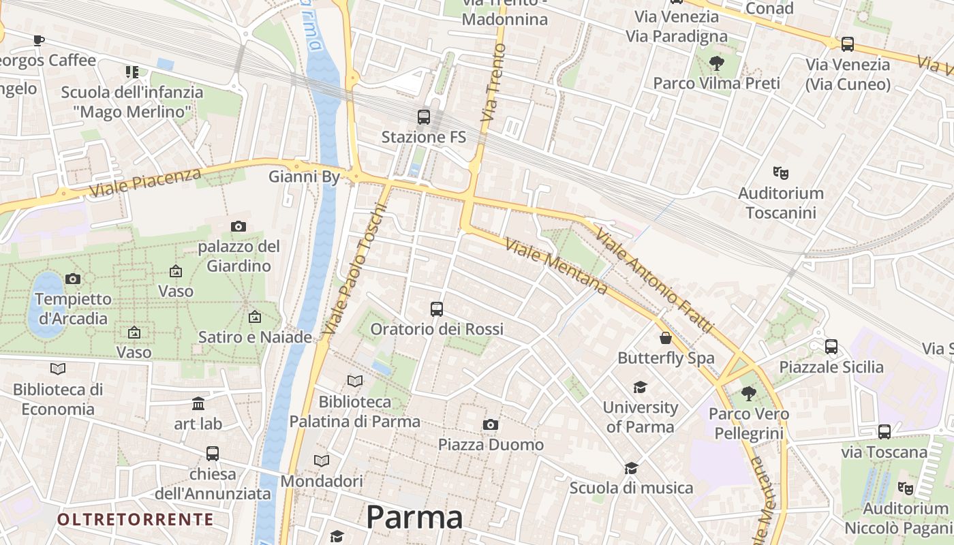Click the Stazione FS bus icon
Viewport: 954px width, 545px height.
coord(424,116)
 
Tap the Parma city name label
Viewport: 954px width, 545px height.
coord(414,517)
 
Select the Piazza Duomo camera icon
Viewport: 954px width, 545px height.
coord(490,425)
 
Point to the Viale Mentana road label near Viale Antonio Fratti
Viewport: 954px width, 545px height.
coord(556,266)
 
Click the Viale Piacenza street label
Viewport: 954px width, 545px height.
coord(145,182)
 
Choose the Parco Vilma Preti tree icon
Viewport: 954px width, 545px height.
coord(716,63)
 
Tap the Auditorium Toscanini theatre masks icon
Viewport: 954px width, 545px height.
coord(780,173)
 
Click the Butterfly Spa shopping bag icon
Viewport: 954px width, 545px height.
coord(666,338)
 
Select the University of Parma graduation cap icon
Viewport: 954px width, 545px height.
coord(640,388)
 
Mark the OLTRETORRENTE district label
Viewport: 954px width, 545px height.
coord(136,520)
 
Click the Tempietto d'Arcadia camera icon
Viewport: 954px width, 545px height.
coord(73,279)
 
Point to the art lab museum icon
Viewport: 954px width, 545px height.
coord(198,404)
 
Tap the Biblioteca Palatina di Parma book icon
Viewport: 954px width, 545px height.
coord(355,381)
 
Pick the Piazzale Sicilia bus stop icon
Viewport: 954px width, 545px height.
coord(831,347)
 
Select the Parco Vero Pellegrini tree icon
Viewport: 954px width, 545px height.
coord(749,393)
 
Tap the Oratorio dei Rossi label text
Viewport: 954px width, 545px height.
coord(437,329)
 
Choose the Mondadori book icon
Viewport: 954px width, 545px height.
coord(322,461)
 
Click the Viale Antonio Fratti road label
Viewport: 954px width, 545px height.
coord(654,279)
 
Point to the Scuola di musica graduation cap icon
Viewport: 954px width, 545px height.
coord(632,468)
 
